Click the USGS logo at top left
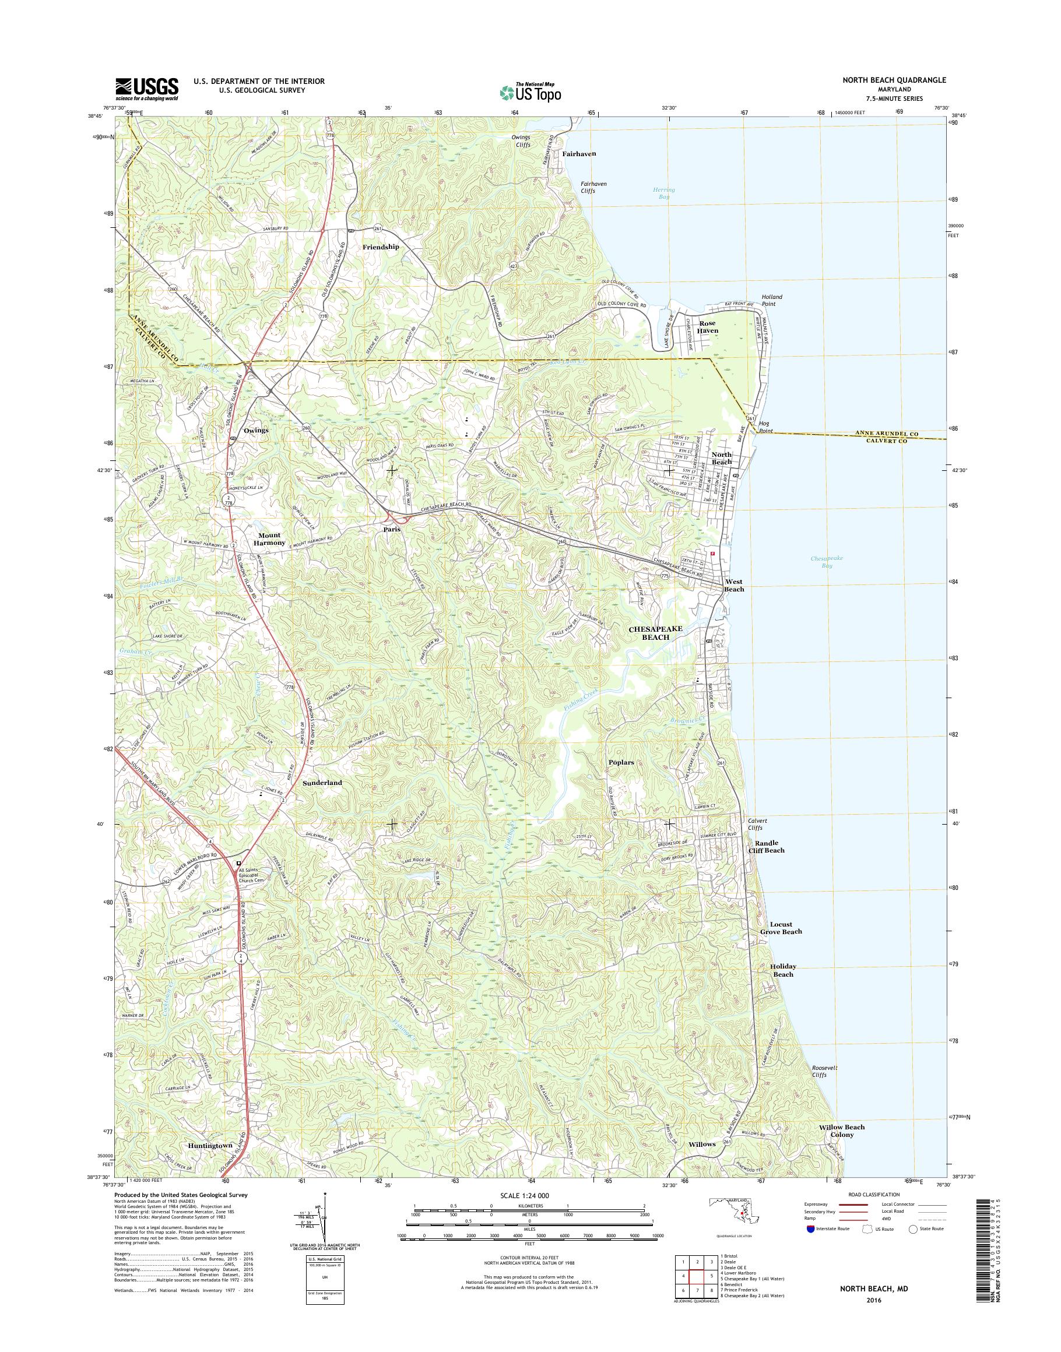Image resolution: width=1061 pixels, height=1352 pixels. coord(146,89)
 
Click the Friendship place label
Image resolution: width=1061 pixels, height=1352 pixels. coord(381,247)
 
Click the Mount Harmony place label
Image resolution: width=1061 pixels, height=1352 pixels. coord(269,538)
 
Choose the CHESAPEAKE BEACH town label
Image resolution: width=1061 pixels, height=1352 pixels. coord(655,632)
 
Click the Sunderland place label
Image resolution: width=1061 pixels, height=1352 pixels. coord(322,783)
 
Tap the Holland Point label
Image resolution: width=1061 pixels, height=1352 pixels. coord(772,301)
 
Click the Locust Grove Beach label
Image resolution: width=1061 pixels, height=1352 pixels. coord(781,928)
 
